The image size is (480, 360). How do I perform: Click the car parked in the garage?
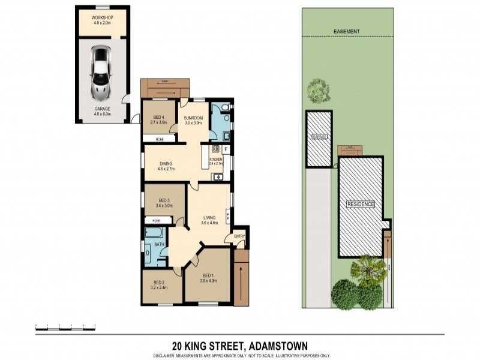[x=100, y=73]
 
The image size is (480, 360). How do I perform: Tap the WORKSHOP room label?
[x=102, y=18]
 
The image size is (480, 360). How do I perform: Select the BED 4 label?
[x=159, y=117]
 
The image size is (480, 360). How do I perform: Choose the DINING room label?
[x=166, y=163]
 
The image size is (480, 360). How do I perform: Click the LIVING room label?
[x=209, y=218]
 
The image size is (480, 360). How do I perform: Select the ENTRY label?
[x=239, y=236]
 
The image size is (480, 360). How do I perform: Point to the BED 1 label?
[x=208, y=275]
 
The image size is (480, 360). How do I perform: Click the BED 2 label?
[x=159, y=283]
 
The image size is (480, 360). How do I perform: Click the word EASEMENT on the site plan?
[x=346, y=31]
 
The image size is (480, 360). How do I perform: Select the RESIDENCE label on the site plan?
[x=361, y=205]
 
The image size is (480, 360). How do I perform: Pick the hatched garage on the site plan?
[x=319, y=139]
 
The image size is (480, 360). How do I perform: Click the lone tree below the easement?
[x=318, y=91]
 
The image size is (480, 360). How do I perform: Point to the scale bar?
[x=54, y=328]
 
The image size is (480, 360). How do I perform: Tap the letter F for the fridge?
[x=226, y=148]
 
